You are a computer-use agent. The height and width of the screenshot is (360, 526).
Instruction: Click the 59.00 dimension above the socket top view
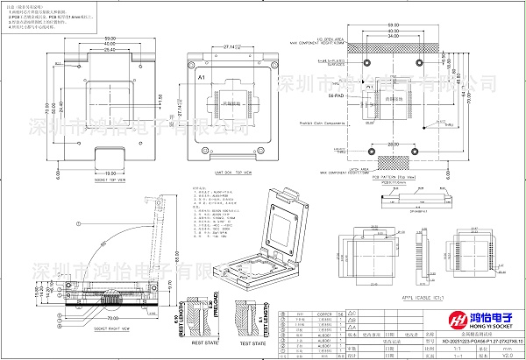(110, 39)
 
